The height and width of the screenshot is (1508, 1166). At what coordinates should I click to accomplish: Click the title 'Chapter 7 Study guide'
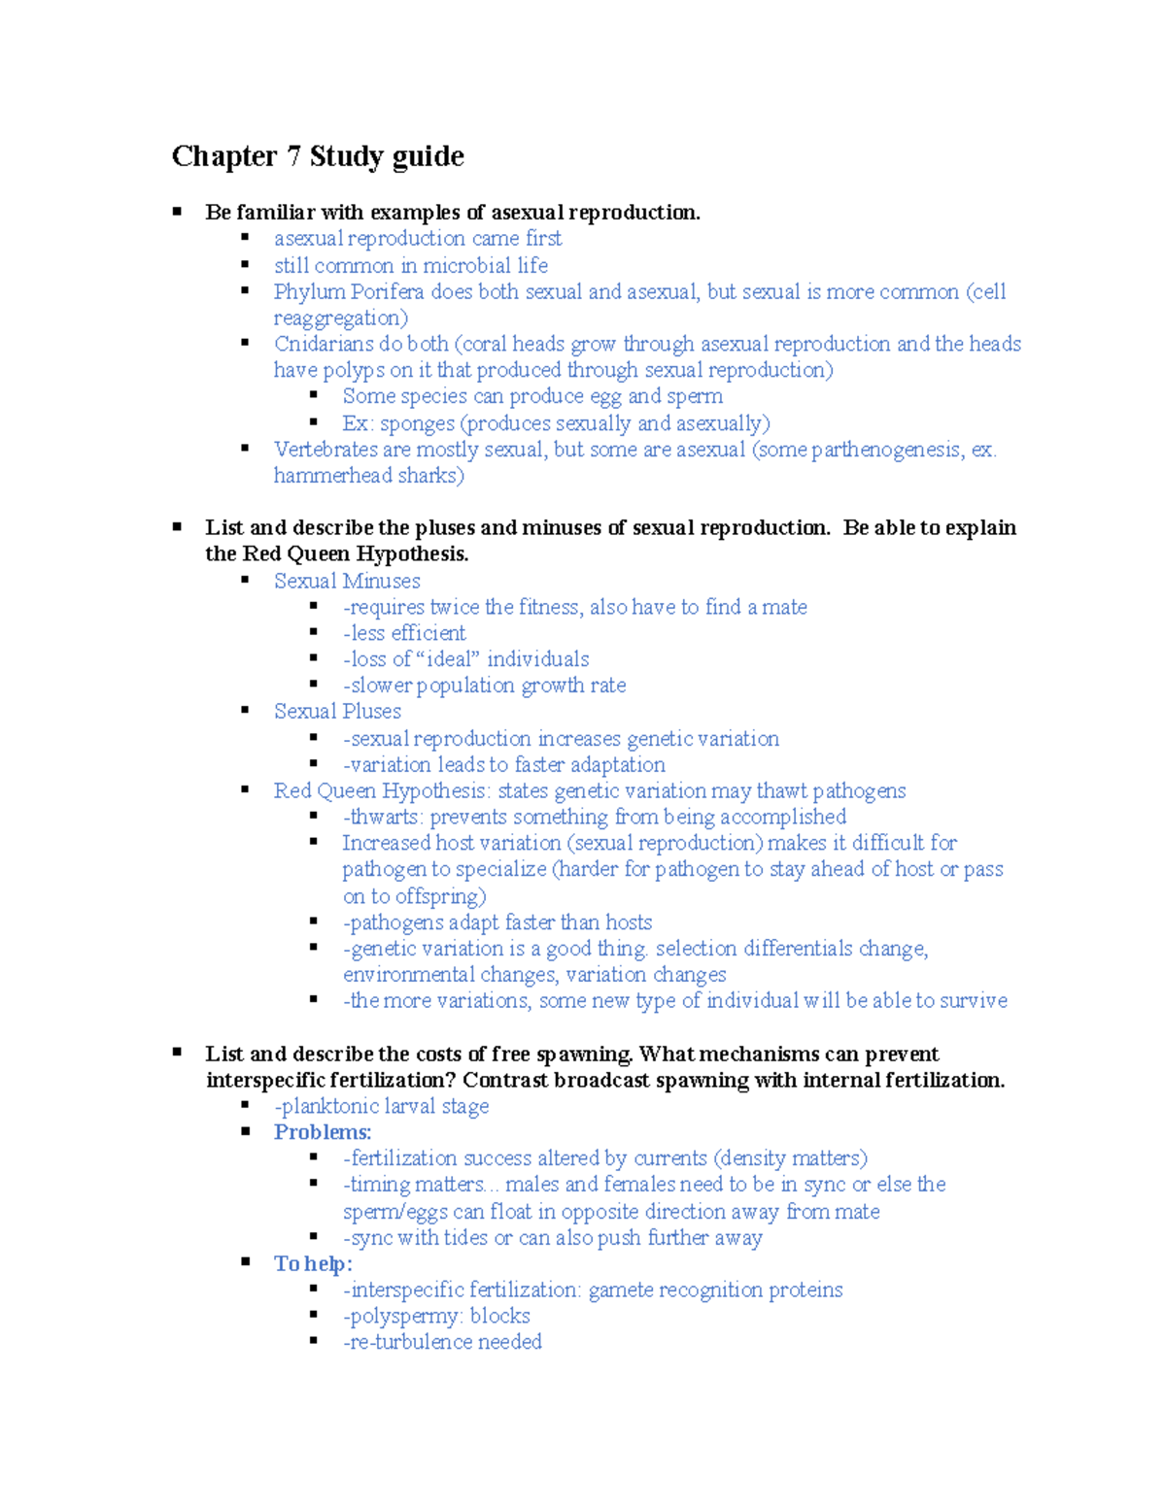point(318,156)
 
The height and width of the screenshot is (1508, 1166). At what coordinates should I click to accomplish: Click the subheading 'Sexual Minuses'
point(347,581)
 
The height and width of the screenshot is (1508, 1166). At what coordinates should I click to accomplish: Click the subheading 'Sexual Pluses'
point(337,711)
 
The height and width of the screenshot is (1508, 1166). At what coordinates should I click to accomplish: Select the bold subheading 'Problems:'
point(323,1132)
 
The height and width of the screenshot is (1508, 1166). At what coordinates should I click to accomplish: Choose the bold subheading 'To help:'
point(313,1263)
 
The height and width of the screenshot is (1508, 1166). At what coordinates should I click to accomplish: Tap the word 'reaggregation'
point(340,318)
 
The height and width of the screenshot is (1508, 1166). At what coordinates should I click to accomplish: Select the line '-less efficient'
point(404,633)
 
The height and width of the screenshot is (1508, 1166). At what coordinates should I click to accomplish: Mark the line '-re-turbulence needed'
point(442,1342)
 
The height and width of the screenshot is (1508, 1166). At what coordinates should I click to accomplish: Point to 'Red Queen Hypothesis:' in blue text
point(382,790)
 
